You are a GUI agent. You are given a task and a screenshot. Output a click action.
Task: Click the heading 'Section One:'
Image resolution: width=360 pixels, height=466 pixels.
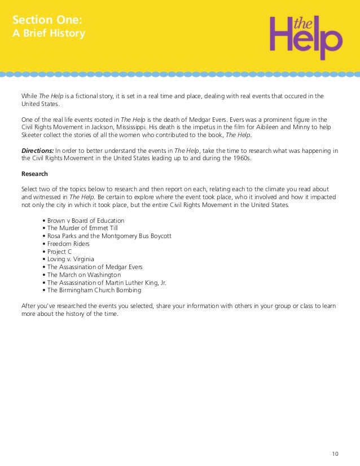click(x=47, y=20)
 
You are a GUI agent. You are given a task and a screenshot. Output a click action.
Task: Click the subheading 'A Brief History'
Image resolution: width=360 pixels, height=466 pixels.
click(x=49, y=34)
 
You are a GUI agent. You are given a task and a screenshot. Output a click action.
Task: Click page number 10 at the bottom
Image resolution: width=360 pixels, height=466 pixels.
click(x=335, y=454)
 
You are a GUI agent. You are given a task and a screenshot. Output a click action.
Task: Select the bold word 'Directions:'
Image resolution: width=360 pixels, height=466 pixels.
click(x=37, y=151)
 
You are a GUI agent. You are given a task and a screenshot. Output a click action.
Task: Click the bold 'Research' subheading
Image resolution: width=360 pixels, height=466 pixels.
click(x=34, y=174)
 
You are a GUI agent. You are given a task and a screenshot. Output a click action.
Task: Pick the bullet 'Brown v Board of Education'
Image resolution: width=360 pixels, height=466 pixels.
click(x=85, y=221)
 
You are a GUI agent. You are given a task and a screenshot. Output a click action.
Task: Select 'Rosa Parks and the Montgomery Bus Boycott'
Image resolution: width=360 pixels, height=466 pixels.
click(x=109, y=236)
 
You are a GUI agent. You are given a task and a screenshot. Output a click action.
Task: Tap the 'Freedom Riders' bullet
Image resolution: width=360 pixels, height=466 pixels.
click(x=68, y=244)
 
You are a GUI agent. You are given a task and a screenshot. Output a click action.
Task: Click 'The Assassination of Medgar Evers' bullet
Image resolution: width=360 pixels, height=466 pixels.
click(x=94, y=267)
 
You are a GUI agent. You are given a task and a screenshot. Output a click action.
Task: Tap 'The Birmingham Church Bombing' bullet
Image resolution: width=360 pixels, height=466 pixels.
click(x=94, y=291)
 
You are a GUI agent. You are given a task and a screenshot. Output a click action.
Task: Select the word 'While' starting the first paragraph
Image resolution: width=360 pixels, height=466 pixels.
click(x=29, y=96)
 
